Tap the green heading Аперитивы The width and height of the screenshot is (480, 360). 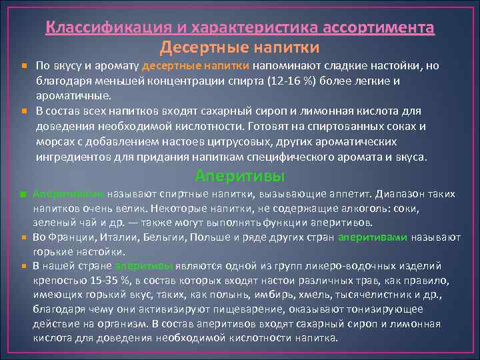tap(239, 176)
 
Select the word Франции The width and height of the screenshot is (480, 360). tap(71, 238)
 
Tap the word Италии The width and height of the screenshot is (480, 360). tap(119, 238)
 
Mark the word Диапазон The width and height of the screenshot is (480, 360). tap(398, 194)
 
